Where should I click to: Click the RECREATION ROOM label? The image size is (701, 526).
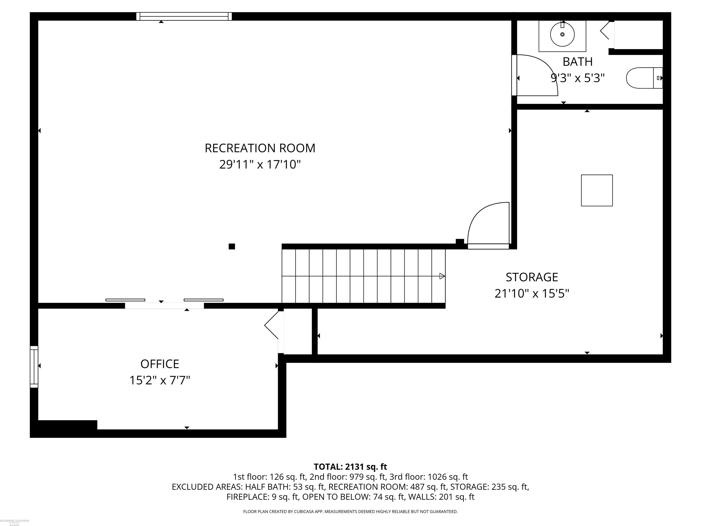click(x=260, y=148)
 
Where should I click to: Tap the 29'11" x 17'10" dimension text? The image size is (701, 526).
click(x=260, y=165)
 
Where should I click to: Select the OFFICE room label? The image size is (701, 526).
click(x=160, y=364)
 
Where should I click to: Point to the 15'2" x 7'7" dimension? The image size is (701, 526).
click(x=160, y=380)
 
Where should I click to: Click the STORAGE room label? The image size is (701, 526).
click(x=532, y=277)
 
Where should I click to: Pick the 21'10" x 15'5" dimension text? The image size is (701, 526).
click(x=532, y=294)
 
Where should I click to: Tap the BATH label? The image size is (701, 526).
click(x=577, y=61)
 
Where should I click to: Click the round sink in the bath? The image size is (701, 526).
click(x=562, y=34)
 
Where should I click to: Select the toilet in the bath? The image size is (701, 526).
click(x=643, y=78)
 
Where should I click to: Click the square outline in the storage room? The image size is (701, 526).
click(x=597, y=190)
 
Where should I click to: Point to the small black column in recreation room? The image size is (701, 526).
click(x=232, y=246)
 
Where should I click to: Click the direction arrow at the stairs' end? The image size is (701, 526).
click(x=442, y=276)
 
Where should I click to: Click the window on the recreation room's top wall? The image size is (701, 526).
click(x=184, y=16)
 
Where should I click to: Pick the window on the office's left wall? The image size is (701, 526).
click(x=34, y=366)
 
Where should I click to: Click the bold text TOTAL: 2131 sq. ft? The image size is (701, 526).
click(x=350, y=467)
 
